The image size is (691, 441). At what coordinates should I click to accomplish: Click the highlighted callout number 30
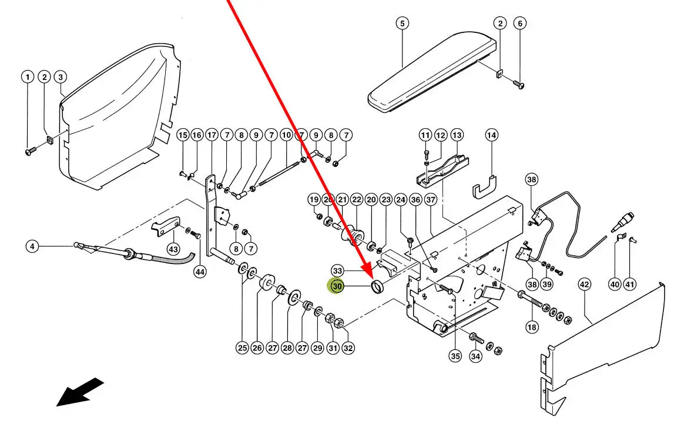coord(337,286)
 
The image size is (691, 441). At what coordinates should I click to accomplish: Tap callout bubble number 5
coord(402,23)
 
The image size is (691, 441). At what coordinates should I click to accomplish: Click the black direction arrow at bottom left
coord(79,392)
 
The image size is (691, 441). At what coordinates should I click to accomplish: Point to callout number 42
coord(584,285)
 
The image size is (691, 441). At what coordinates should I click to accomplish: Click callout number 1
coord(28,77)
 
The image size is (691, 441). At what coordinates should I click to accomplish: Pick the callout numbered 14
coord(491,135)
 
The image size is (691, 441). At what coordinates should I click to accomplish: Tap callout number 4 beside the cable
coord(32,246)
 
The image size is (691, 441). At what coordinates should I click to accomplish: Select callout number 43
coord(173,249)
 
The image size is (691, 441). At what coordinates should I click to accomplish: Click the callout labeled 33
coord(337,270)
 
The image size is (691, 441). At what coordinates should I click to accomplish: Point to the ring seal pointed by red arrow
coord(377,286)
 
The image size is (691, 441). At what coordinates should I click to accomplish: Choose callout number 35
coord(455,356)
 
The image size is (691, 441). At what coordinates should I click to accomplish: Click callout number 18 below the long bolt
coord(532,327)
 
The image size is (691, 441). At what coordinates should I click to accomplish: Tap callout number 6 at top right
coord(520,23)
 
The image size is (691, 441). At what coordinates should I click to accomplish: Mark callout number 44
coord(200,272)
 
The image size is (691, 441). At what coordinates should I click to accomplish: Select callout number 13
coord(457,135)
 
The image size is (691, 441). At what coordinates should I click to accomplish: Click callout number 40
coord(615,285)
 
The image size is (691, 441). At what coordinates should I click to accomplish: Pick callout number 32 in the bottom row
coord(348,348)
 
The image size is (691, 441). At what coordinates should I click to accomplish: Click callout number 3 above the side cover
coord(61,77)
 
